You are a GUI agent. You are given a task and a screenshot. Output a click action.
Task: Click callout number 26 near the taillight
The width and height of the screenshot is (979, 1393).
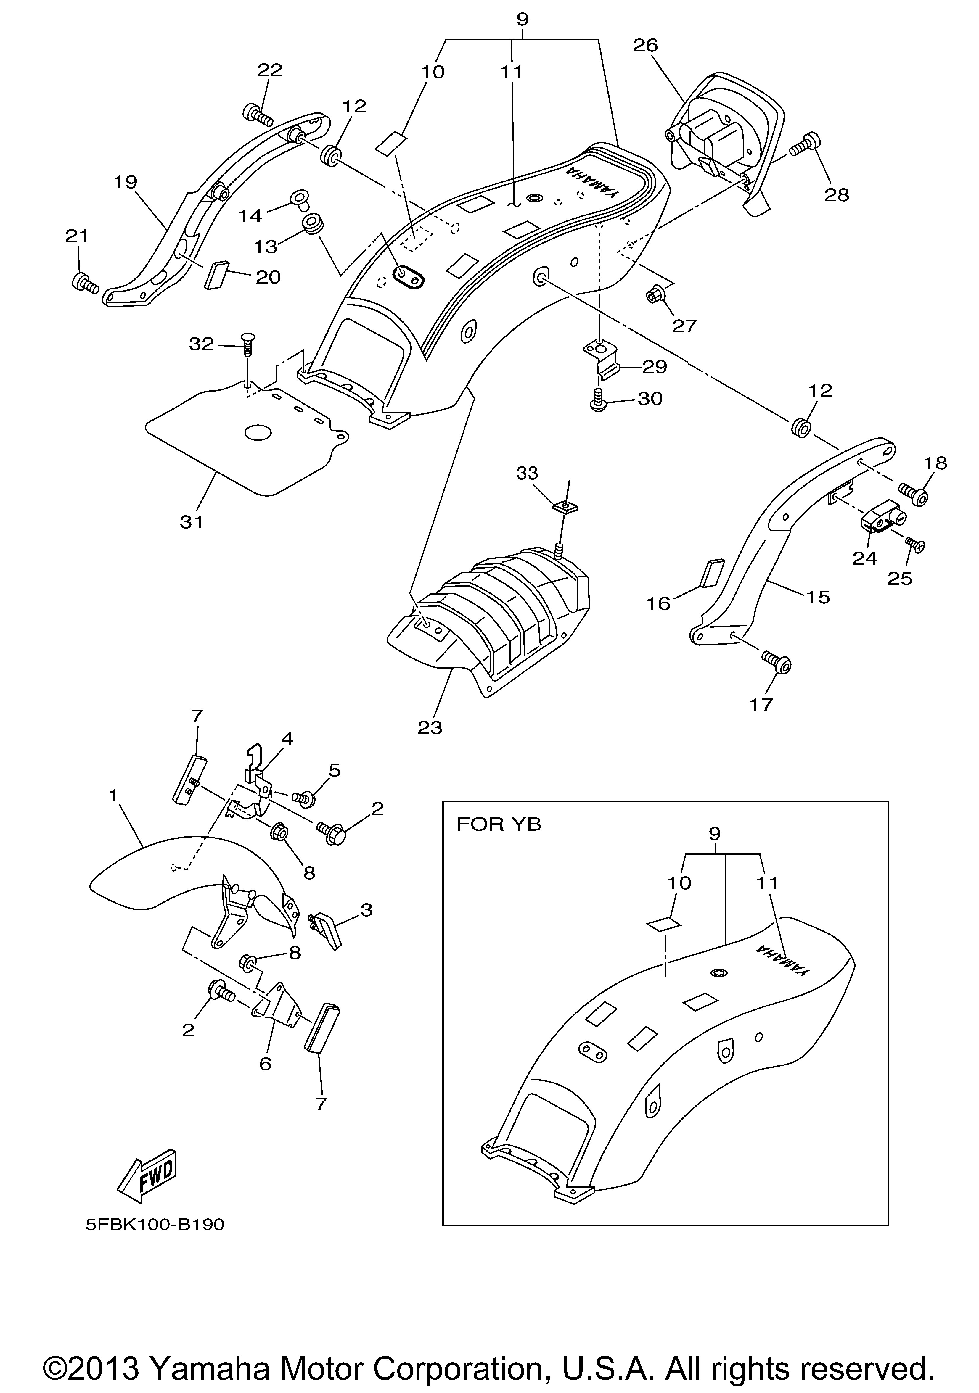pyautogui.click(x=645, y=45)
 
